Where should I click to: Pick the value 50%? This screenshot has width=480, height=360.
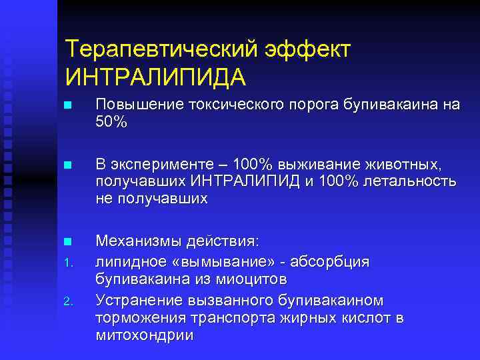point(111,121)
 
